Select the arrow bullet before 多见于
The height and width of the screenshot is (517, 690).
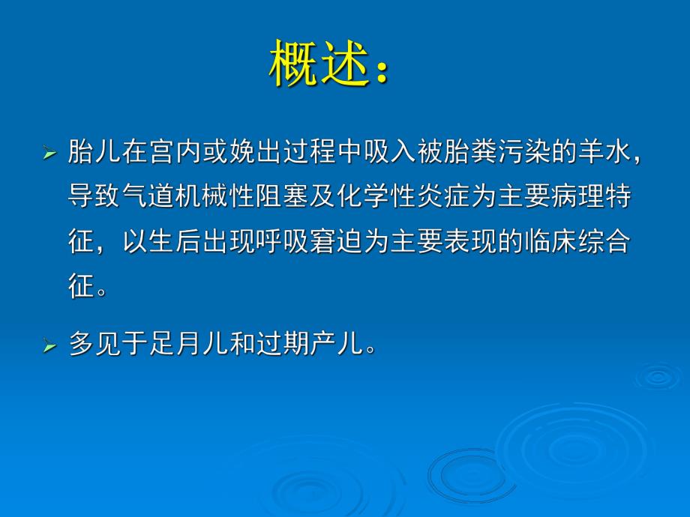pyautogui.click(x=49, y=345)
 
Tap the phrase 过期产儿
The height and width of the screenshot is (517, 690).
pyautogui.click(x=312, y=345)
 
